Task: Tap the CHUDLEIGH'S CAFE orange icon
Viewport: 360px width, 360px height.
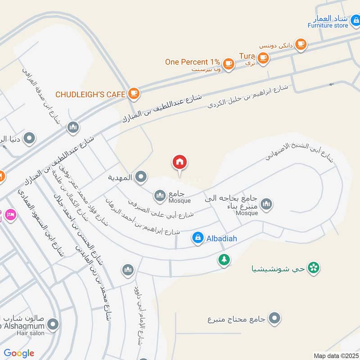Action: (134, 94)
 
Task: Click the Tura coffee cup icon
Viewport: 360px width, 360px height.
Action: (263, 57)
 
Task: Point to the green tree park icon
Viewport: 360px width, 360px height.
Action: (224, 259)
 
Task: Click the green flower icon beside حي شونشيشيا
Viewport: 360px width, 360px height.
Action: (314, 268)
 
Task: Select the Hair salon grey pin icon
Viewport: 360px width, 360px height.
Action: (53, 324)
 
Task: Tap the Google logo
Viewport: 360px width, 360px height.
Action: (19, 353)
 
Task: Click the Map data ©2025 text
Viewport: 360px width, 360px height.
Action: (335, 355)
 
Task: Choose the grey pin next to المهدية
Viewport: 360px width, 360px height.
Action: (141, 177)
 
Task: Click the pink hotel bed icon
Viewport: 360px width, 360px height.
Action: (11, 215)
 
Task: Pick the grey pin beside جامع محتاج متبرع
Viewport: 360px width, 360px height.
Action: (274, 319)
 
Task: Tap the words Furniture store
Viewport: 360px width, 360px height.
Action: (328, 26)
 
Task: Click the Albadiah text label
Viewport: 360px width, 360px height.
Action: (221, 238)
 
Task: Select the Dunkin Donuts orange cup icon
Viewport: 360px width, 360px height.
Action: (301, 44)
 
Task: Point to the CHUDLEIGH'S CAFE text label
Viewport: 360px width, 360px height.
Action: (90, 94)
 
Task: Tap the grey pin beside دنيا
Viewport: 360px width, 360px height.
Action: (29, 138)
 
